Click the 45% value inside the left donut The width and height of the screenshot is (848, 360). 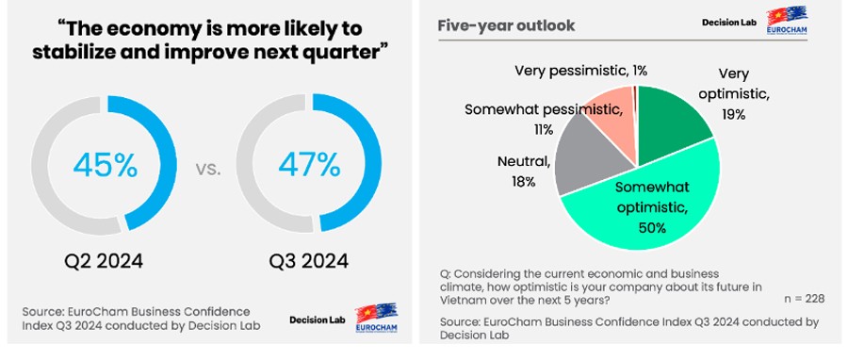[105, 166]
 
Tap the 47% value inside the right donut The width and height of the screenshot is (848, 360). [309, 166]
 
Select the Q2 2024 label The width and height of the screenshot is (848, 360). [104, 261]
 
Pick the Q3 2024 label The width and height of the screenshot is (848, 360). [309, 261]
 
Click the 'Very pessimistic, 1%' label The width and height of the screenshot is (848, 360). [580, 71]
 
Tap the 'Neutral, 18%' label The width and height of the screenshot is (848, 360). [523, 171]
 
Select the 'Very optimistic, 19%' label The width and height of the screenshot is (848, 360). [734, 93]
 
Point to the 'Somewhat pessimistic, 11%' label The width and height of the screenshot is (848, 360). [544, 119]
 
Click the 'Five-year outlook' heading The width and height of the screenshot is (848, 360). [506, 25]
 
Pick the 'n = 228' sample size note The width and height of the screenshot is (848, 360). [804, 299]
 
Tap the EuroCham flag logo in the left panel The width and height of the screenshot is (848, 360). [376, 318]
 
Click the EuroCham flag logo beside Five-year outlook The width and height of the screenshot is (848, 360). [787, 20]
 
